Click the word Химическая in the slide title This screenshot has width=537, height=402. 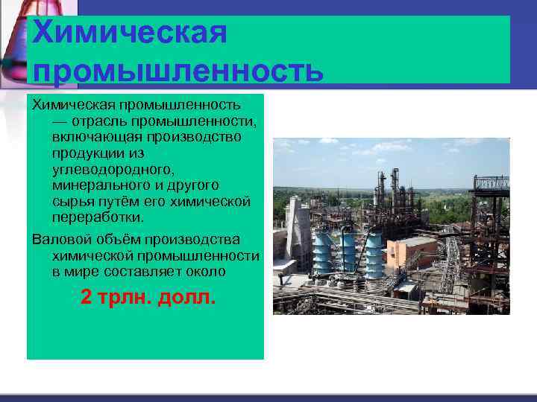click(x=130, y=33)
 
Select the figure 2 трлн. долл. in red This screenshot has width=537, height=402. click(x=148, y=298)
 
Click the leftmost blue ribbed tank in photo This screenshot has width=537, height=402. click(x=323, y=253)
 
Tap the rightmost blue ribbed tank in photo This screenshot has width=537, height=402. click(x=372, y=252)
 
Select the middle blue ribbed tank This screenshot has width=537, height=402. click(x=348, y=252)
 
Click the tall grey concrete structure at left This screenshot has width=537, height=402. click(x=298, y=231)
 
